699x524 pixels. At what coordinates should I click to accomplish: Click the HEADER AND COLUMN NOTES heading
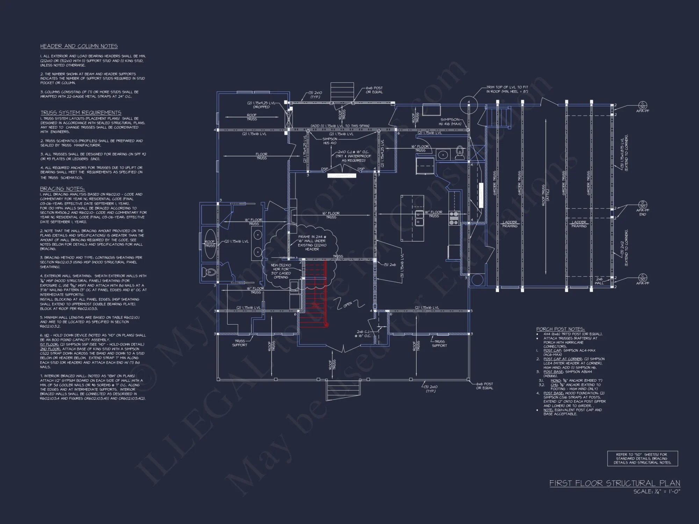[x=79, y=46]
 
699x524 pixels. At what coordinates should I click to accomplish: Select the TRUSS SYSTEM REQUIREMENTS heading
[x=81, y=112]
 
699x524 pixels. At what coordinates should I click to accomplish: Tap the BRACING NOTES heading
[x=62, y=189]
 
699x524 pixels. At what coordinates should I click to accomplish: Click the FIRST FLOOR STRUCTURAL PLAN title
[x=614, y=483]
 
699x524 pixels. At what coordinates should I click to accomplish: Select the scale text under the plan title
[x=657, y=492]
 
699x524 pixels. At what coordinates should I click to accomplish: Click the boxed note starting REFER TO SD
[x=642, y=459]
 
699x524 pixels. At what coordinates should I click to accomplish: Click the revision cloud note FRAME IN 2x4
[x=312, y=243]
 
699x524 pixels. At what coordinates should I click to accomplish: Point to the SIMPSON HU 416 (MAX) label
[x=451, y=122]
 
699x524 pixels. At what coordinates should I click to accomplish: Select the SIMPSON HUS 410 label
[x=330, y=141]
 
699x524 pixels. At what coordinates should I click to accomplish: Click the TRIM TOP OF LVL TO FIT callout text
[x=507, y=89]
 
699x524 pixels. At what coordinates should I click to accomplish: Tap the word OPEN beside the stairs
[x=347, y=305]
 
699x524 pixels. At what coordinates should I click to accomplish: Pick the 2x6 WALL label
[x=599, y=281]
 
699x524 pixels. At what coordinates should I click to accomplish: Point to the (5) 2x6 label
[x=390, y=265]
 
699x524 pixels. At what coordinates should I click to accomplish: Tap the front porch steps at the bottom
[x=343, y=388]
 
